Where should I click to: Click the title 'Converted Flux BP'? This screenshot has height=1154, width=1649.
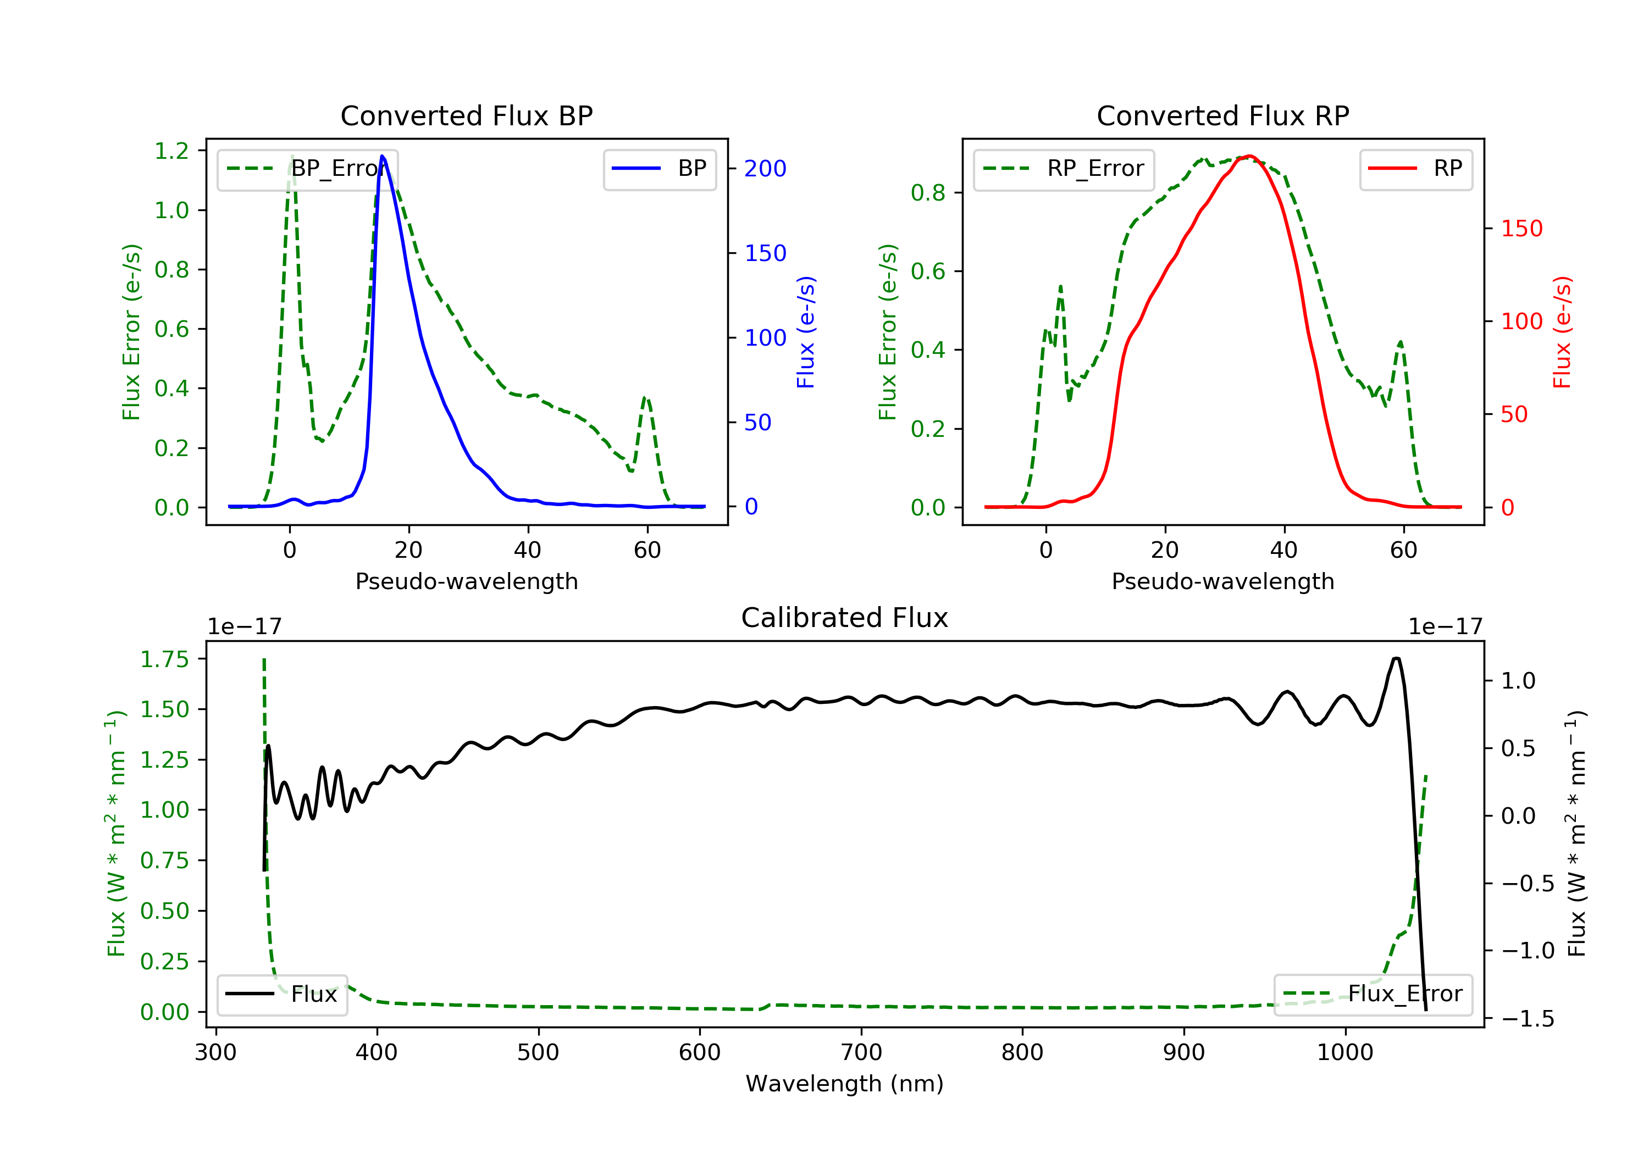click(466, 115)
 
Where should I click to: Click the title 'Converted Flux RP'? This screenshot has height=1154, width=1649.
click(1222, 115)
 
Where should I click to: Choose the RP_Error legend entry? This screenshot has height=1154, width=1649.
click(1064, 169)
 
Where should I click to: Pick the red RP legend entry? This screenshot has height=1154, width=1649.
click(1415, 169)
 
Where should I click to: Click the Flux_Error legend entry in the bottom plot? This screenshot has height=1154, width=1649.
click(1373, 994)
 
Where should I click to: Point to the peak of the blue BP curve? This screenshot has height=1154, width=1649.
click(382, 156)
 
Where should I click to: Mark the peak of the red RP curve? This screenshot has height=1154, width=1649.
click(1250, 156)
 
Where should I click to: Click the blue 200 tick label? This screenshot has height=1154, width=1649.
click(765, 169)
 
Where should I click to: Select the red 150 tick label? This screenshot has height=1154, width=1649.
click(1521, 229)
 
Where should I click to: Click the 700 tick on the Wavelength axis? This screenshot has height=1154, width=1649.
click(860, 1053)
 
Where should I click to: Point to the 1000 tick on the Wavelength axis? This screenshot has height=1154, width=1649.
click(1344, 1053)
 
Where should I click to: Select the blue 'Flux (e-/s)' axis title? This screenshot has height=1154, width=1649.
click(806, 332)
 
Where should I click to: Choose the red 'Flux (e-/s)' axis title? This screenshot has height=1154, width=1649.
click(1562, 332)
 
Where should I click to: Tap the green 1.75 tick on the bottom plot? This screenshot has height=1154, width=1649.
click(164, 659)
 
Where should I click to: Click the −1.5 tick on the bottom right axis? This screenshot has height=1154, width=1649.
click(1527, 1019)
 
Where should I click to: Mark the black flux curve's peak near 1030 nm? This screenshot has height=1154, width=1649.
click(1396, 658)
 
